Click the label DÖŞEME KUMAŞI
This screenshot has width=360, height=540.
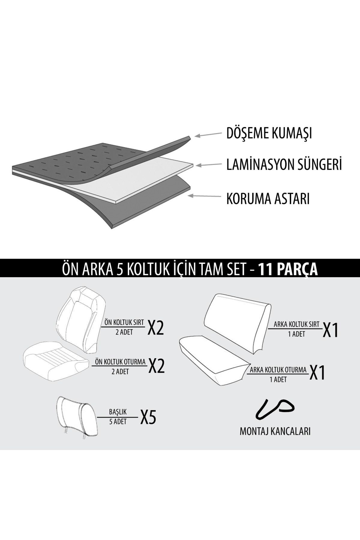pyautogui.click(x=269, y=133)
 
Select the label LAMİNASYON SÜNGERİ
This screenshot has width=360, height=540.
pyautogui.click(x=284, y=165)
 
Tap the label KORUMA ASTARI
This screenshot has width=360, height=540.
pyautogui.click(x=268, y=199)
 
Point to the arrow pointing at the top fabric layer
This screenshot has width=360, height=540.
pyautogui.click(x=207, y=135)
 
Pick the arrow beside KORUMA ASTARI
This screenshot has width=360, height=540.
pyautogui.click(x=203, y=196)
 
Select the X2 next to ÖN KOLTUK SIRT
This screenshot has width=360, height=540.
pyautogui.click(x=155, y=329)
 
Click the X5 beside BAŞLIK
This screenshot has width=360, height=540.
pyautogui.click(x=148, y=417)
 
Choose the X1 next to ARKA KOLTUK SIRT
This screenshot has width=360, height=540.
pyautogui.click(x=330, y=330)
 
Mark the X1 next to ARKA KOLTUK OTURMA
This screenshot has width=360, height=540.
pyautogui.click(x=317, y=373)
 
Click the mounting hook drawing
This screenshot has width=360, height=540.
pyautogui.click(x=274, y=409)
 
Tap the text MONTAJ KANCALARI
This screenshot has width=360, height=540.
pyautogui.click(x=275, y=431)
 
